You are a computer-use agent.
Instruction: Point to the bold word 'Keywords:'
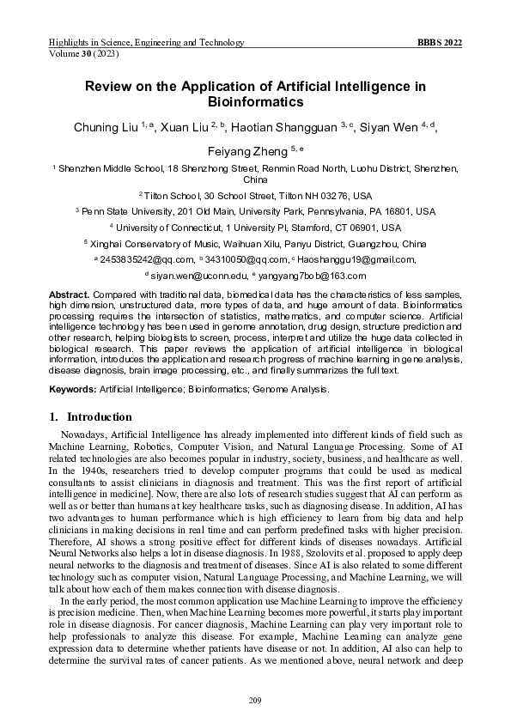pyautogui.click(x=72, y=389)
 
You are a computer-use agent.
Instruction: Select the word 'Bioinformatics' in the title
pyautogui.click(x=255, y=103)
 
